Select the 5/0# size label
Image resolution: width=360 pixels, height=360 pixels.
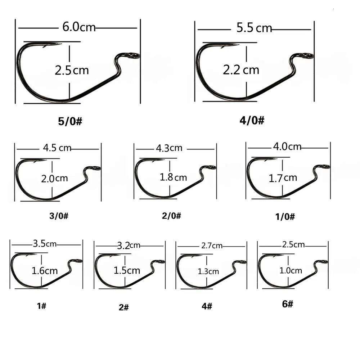click(x=71, y=121)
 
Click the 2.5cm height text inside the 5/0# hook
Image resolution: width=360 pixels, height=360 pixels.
click(x=72, y=70)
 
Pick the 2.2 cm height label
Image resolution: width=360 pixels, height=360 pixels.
click(x=241, y=69)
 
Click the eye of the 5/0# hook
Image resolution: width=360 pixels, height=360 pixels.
click(x=134, y=55)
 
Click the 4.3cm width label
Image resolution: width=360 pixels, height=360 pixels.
click(x=169, y=148)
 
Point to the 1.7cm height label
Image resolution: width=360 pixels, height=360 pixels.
click(x=283, y=177)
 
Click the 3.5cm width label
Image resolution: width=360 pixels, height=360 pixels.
click(x=45, y=244)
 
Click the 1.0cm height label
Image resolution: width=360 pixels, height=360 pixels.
click(x=291, y=270)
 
